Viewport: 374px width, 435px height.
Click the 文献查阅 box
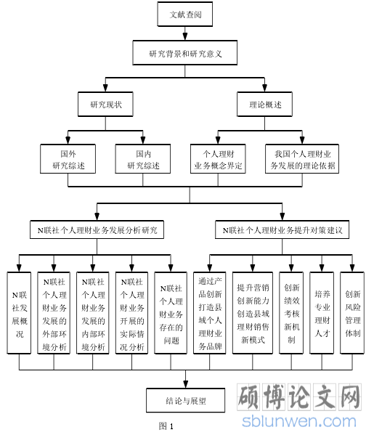click(x=185, y=14)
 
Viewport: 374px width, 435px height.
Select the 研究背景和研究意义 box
click(x=185, y=53)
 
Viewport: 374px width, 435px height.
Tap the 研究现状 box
click(x=105, y=104)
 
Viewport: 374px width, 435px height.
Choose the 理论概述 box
click(x=264, y=104)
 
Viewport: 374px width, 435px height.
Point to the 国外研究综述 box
click(x=68, y=159)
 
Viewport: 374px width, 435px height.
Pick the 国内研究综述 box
click(x=143, y=159)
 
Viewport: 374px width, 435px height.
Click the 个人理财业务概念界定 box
click(x=218, y=159)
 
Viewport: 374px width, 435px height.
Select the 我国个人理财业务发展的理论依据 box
click(x=302, y=159)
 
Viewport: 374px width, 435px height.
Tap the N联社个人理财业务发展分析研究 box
click(x=97, y=229)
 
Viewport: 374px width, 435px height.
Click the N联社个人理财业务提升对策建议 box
click(x=282, y=229)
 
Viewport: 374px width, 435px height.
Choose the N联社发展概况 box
click(x=19, y=313)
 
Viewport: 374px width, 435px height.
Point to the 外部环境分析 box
click(x=54, y=313)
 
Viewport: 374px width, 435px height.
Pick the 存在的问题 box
click(x=171, y=313)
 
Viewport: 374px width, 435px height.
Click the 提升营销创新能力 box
click(x=253, y=313)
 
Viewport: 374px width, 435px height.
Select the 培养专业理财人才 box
click(x=322, y=313)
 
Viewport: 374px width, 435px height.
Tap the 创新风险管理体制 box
click(x=352, y=313)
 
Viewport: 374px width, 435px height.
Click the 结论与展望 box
click(x=186, y=400)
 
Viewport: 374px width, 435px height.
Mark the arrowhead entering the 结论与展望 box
click(x=186, y=384)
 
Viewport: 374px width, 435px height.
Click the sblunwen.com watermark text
click(x=299, y=421)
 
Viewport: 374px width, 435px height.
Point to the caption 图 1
click(x=166, y=426)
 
